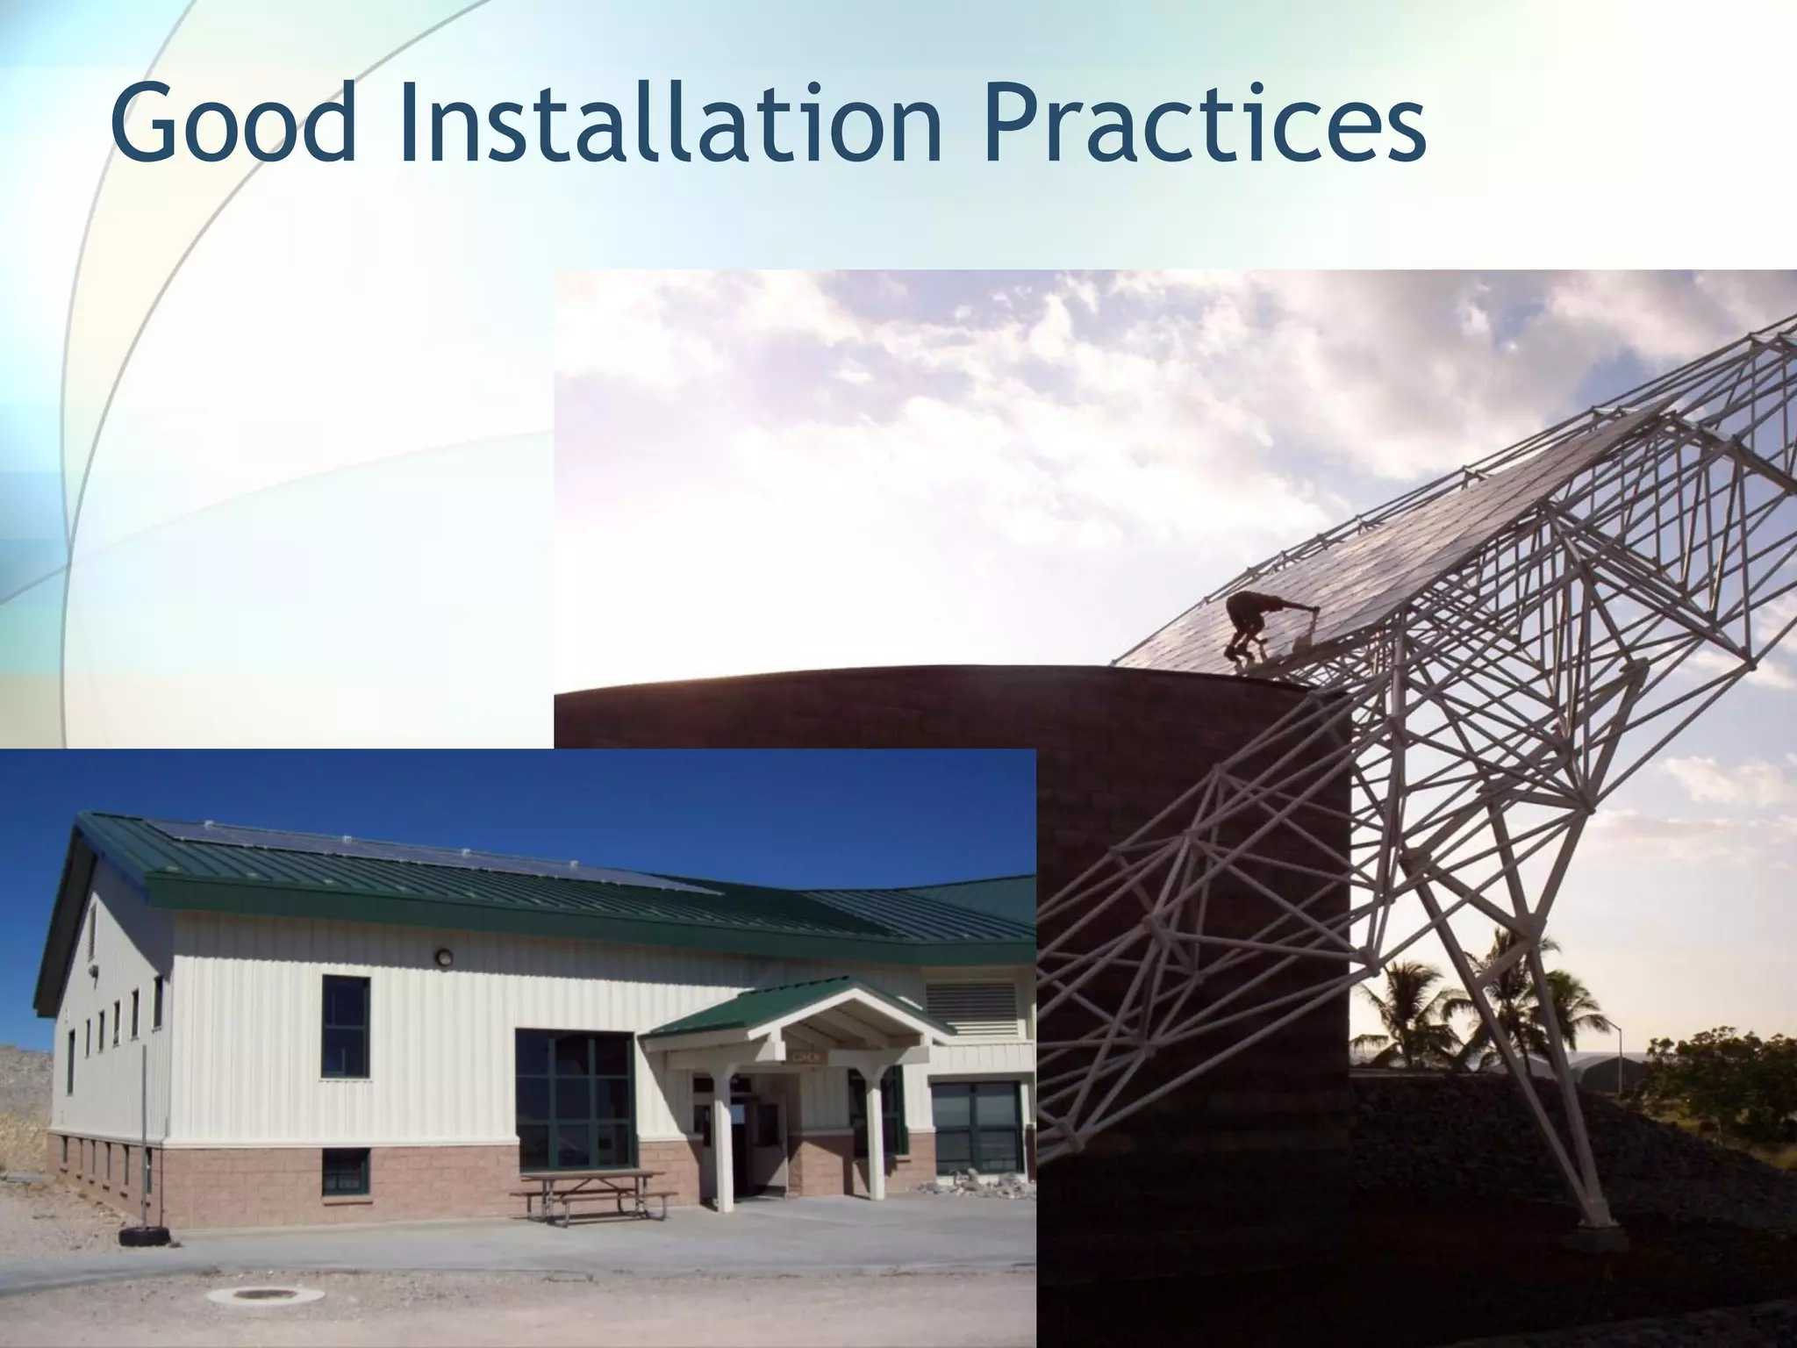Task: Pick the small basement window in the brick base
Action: [345, 1171]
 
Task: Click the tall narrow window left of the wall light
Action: [345, 1025]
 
